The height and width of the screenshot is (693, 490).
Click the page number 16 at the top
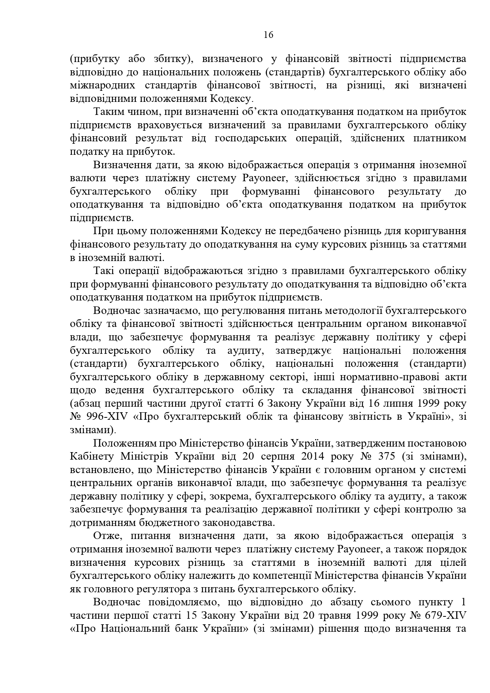click(268, 35)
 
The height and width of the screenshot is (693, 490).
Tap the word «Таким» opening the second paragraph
click(107, 112)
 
